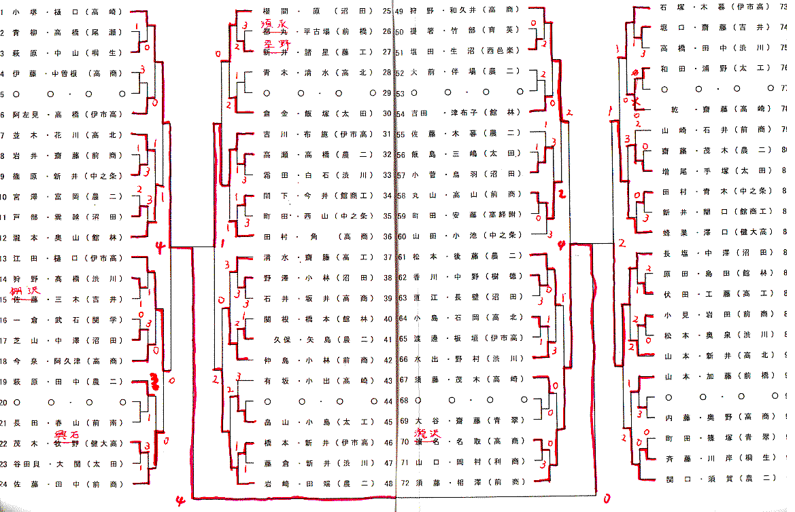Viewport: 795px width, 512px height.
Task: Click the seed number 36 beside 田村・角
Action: pyautogui.click(x=387, y=237)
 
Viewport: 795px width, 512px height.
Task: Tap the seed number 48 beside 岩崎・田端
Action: pyautogui.click(x=387, y=483)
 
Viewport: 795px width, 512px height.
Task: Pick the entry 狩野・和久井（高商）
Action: pyautogui.click(x=465, y=11)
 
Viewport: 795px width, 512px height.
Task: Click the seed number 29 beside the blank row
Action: pyautogui.click(x=387, y=93)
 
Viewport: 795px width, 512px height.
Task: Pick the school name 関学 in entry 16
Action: pyautogui.click(x=106, y=320)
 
